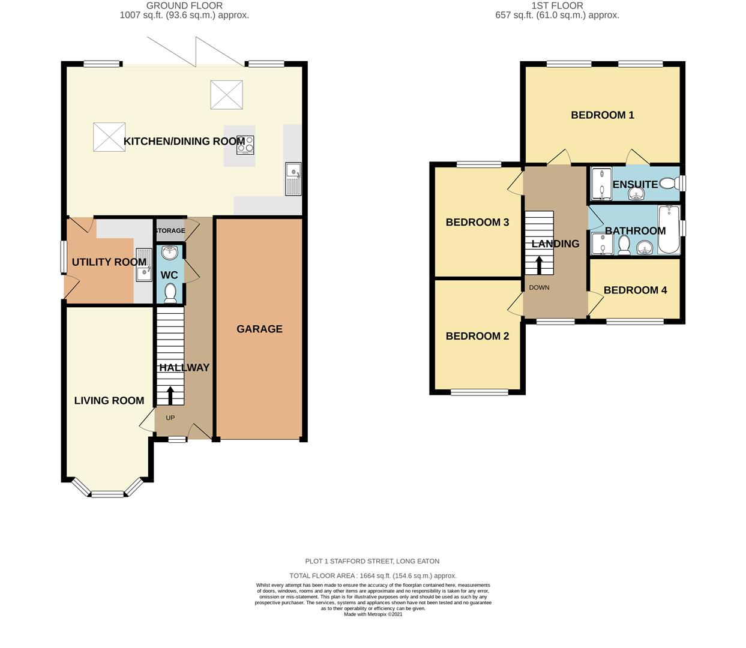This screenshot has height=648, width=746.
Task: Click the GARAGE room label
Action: pyautogui.click(x=259, y=329)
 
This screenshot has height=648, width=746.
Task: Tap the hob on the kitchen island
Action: pyautogui.click(x=245, y=145)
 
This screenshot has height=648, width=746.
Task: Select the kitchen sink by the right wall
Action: pyautogui.click(x=293, y=179)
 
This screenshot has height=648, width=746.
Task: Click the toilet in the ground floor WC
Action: pyautogui.click(x=170, y=293)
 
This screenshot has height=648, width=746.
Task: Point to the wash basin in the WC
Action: pyautogui.click(x=169, y=252)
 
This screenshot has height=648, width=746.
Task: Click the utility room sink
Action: pyautogui.click(x=144, y=265)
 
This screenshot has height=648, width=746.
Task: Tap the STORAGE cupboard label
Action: pyautogui.click(x=170, y=230)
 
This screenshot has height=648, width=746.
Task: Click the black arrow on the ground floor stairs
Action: pyautogui.click(x=170, y=396)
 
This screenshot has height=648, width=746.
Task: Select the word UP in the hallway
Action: pyautogui.click(x=170, y=418)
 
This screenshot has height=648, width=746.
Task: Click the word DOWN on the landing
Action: pyautogui.click(x=539, y=287)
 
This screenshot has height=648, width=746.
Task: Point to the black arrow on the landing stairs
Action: pyautogui.click(x=538, y=265)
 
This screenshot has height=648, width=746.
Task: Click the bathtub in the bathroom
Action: pyautogui.click(x=669, y=230)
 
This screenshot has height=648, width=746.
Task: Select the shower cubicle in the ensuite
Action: pyautogui.click(x=601, y=184)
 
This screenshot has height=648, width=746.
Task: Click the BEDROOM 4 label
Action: pyautogui.click(x=635, y=290)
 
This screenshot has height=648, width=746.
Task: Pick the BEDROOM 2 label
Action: pyautogui.click(x=477, y=336)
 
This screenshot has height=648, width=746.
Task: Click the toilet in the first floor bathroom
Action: pyautogui.click(x=624, y=245)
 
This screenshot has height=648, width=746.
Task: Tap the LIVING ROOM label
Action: pyautogui.click(x=109, y=401)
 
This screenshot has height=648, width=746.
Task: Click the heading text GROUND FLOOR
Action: pyautogui.click(x=184, y=6)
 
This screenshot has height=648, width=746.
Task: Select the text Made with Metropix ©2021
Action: pyautogui.click(x=373, y=614)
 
